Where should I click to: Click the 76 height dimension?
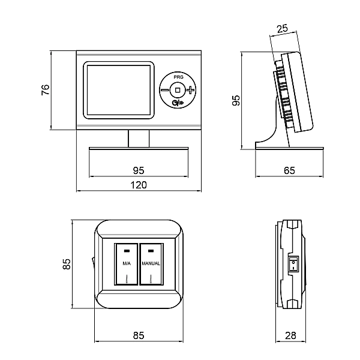(46, 90)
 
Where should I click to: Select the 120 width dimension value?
(139, 185)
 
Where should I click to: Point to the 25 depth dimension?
(283, 28)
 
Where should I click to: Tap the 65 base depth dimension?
(289, 171)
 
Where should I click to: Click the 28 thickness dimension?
(291, 336)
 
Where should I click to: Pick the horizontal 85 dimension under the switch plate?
(139, 336)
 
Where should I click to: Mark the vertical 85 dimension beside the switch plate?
(67, 264)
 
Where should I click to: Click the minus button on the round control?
(165, 90)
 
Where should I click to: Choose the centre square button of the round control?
(177, 90)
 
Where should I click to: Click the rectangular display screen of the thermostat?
(118, 90)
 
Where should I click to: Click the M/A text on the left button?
(127, 263)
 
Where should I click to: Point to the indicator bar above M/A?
(127, 250)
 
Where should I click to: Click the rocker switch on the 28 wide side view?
(293, 263)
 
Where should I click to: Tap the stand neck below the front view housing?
(139, 138)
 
